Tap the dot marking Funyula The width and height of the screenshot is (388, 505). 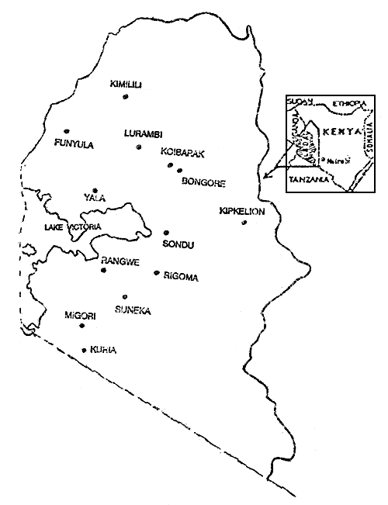pyautogui.click(x=67, y=131)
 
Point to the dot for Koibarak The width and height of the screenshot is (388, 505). pyautogui.click(x=168, y=165)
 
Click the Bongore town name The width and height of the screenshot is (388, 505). pyautogui.click(x=203, y=184)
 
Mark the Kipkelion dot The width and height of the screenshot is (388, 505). pyautogui.click(x=244, y=223)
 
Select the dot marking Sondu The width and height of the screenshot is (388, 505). pyautogui.click(x=166, y=233)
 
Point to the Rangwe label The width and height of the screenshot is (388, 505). pyautogui.click(x=120, y=262)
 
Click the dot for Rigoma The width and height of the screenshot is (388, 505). pyautogui.click(x=157, y=273)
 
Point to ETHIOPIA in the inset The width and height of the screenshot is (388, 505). pyautogui.click(x=349, y=103)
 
